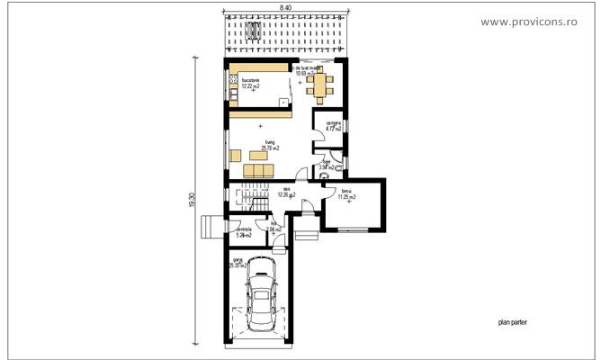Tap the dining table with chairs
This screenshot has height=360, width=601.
pyautogui.click(x=318, y=85)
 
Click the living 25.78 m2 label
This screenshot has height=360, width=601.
pyautogui.click(x=268, y=145)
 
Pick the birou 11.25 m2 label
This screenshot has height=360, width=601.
pyautogui.click(x=345, y=193)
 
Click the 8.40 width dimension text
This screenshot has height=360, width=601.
pyautogui.click(x=285, y=7)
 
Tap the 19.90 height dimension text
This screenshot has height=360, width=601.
pyautogui.click(x=193, y=202)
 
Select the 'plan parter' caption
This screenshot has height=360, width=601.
pyautogui.click(x=515, y=321)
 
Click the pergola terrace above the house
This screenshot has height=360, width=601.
pyautogui.click(x=285, y=36)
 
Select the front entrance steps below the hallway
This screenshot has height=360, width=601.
pyautogui.click(x=307, y=236)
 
